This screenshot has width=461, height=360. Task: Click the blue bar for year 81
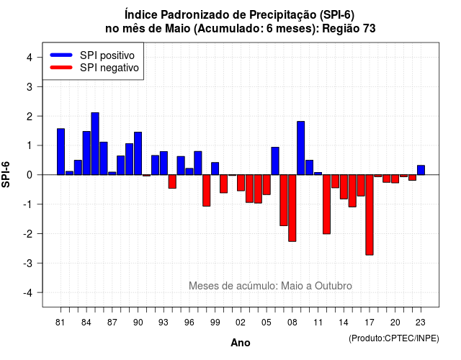(x=61, y=152)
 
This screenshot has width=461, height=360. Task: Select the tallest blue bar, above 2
(x=95, y=144)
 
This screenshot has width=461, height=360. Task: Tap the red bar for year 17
(x=370, y=215)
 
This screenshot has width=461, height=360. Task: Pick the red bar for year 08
(x=292, y=208)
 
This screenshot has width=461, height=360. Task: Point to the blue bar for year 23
(x=421, y=170)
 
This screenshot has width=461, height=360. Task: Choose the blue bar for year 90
(x=138, y=153)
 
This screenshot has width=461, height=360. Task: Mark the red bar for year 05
(x=267, y=185)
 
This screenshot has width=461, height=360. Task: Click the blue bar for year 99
(x=215, y=168)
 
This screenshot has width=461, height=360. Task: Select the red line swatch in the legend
(x=61, y=68)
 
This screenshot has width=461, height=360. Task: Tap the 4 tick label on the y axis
(x=30, y=58)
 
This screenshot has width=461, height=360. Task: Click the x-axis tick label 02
(x=241, y=323)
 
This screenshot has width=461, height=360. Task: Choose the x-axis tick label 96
(x=189, y=323)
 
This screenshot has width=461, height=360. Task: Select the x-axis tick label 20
(x=395, y=323)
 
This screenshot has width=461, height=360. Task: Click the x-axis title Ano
(x=241, y=343)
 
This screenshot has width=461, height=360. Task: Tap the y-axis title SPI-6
(x=6, y=174)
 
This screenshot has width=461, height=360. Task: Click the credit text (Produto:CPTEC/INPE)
(x=394, y=338)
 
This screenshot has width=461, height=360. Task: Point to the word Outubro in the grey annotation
(x=334, y=286)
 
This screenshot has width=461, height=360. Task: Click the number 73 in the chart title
(x=370, y=29)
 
